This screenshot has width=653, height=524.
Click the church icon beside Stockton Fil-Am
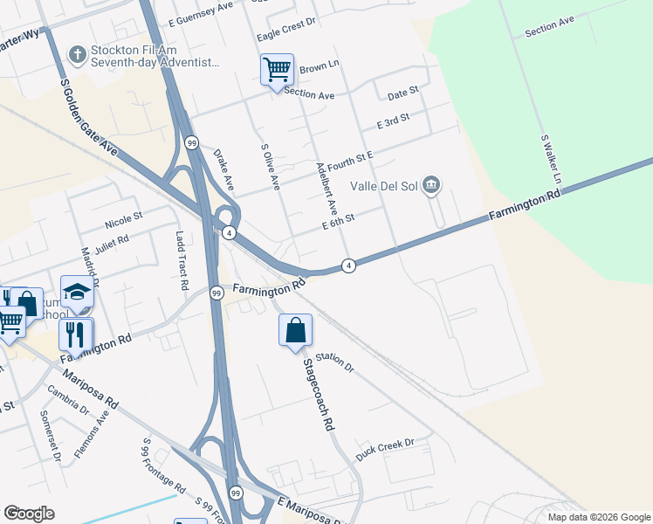pyautogui.click(x=77, y=55)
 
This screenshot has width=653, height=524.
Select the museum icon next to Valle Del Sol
pyautogui.click(x=431, y=185)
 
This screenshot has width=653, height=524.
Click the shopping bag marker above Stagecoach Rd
pyautogui.click(x=295, y=330)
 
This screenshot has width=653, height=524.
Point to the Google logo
pyautogui.click(x=29, y=513)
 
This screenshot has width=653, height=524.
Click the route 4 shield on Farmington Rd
pyautogui.click(x=348, y=265)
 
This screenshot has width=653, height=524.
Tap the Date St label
pyautogui.click(x=403, y=92)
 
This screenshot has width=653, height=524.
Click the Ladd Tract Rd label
pyautogui.click(x=182, y=260)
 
